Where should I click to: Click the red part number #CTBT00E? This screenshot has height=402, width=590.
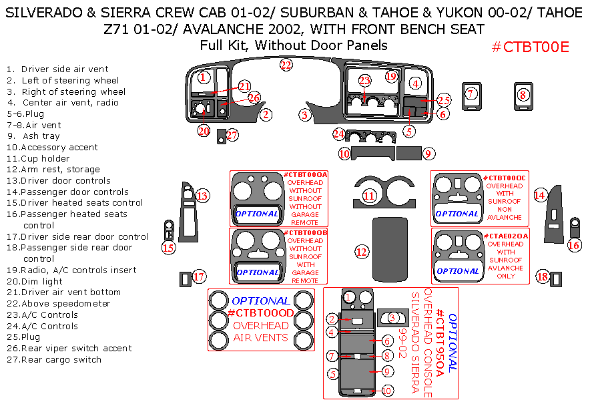(x=530, y=47)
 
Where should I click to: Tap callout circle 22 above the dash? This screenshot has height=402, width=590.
(x=286, y=65)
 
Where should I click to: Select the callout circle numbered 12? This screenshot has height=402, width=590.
(x=362, y=252)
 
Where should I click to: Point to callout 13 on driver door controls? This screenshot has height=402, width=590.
(x=202, y=196)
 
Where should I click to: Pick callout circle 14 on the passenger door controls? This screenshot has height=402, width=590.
(x=540, y=194)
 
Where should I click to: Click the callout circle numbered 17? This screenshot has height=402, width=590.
(x=199, y=276)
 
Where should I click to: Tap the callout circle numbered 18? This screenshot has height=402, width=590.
(x=543, y=276)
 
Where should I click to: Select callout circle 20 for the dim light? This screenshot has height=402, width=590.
(x=204, y=131)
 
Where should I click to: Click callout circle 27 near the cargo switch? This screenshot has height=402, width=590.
(x=232, y=136)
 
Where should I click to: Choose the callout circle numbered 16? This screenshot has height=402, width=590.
(x=574, y=245)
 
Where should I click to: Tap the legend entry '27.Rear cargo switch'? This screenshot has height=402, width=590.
(x=54, y=360)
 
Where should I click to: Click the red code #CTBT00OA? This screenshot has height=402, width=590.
(x=306, y=175)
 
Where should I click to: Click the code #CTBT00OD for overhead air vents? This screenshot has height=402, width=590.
(x=260, y=313)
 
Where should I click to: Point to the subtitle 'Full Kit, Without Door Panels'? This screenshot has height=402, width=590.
(x=294, y=45)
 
